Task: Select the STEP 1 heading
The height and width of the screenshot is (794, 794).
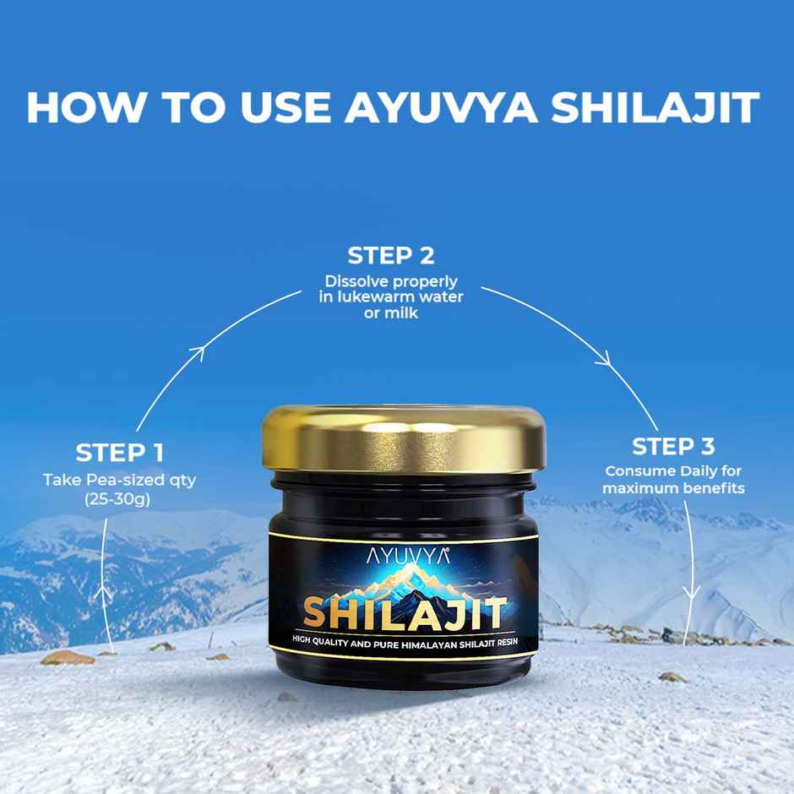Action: coord(120,452)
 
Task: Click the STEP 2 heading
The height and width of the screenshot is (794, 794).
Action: coord(391,255)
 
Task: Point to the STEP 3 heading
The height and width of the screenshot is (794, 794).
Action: coord(673,446)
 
